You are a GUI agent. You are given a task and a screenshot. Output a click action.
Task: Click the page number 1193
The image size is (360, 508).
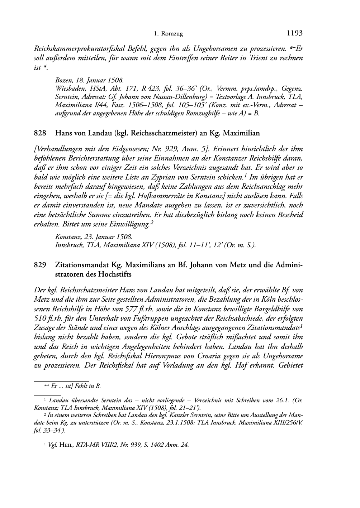click(295, 34)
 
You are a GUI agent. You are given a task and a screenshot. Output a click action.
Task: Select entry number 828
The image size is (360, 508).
click(39, 133)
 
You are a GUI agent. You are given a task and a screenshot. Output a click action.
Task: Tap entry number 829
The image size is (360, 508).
click(39, 265)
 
